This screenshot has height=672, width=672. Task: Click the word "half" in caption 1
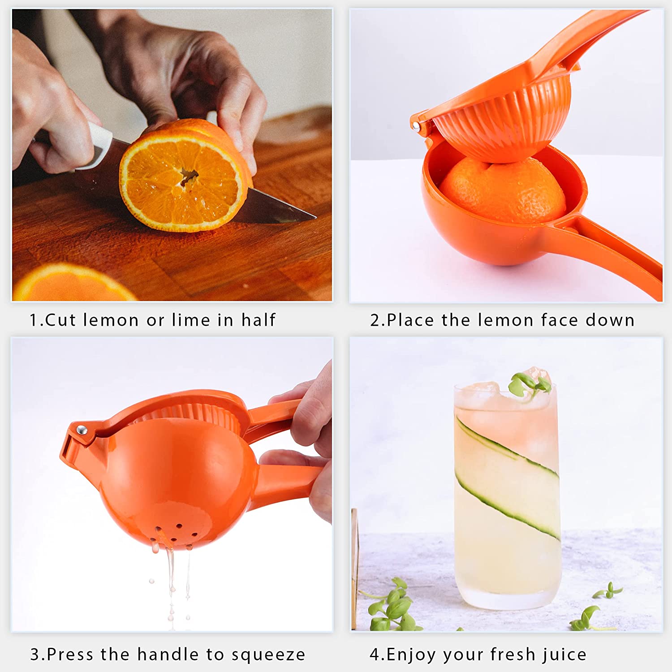pyautogui.click(x=258, y=320)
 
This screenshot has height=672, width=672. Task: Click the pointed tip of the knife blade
pyautogui.click(x=316, y=218)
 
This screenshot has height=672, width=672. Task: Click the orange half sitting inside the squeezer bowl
pyautogui.click(x=502, y=190)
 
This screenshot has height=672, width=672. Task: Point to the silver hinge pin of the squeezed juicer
pyautogui.click(x=81, y=431)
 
